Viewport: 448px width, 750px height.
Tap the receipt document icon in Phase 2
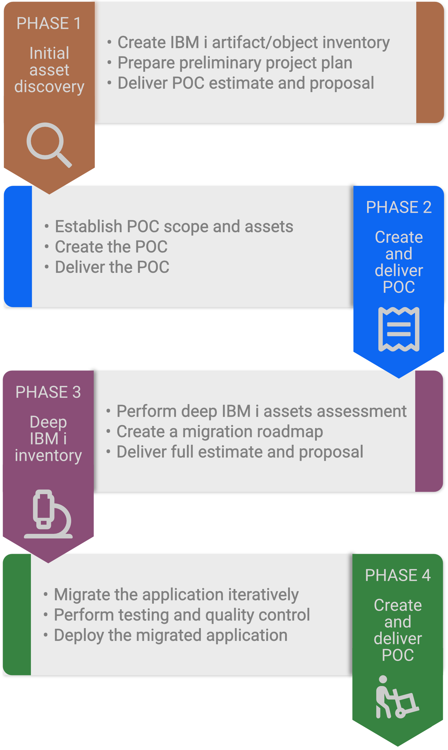[x=399, y=329]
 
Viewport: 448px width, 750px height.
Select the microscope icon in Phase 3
[x=48, y=514]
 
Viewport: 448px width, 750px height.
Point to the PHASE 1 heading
[x=49, y=23]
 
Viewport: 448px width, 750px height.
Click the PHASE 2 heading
[x=399, y=207]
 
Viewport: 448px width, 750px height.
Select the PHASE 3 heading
[x=48, y=392]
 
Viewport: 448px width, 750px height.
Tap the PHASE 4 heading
[x=398, y=575]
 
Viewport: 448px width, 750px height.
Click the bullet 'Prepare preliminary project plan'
[x=235, y=63]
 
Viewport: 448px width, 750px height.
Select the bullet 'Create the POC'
[x=111, y=247]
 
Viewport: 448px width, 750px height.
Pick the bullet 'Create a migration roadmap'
[x=220, y=431]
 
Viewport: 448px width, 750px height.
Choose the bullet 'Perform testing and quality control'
[x=182, y=615]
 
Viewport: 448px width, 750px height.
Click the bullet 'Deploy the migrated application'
[x=171, y=635]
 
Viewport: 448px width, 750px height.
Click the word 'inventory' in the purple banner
[x=48, y=456]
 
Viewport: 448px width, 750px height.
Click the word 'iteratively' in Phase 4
[x=263, y=594]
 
